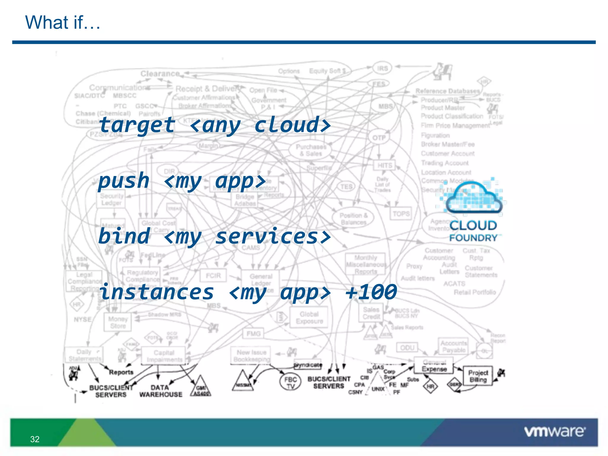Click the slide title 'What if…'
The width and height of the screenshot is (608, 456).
[63, 23]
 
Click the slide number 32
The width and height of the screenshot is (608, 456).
[35, 439]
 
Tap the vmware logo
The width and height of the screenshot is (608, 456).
[555, 431]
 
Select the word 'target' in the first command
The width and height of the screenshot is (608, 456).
[137, 125]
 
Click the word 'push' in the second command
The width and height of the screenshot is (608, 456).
[124, 180]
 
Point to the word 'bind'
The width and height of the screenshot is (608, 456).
[124, 236]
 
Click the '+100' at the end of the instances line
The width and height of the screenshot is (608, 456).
[371, 292]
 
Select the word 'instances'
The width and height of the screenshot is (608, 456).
[156, 292]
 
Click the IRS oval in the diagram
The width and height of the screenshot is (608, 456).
[382, 68]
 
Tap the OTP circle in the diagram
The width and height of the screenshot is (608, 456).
[379, 138]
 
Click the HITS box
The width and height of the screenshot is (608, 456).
[385, 165]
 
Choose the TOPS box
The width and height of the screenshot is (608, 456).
[401, 214]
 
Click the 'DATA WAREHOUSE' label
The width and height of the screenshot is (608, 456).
[161, 391]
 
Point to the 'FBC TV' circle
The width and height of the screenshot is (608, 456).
[290, 383]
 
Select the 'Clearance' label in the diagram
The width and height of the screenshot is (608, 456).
[160, 73]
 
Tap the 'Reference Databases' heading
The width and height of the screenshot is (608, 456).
[447, 91]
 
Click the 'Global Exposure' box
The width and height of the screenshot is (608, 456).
[309, 318]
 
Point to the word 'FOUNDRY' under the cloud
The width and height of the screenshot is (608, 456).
[473, 238]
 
